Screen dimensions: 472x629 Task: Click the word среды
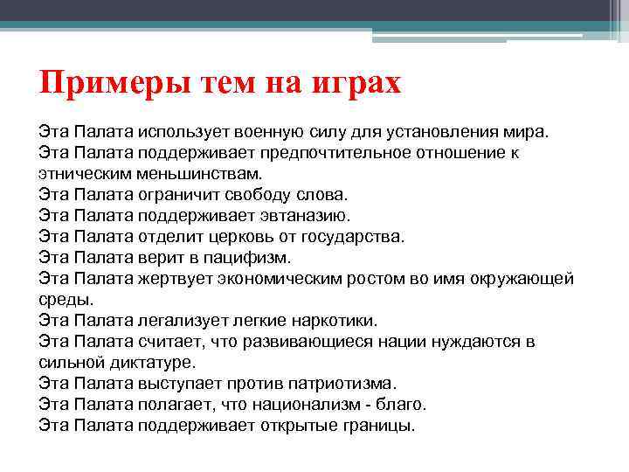(64, 298)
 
